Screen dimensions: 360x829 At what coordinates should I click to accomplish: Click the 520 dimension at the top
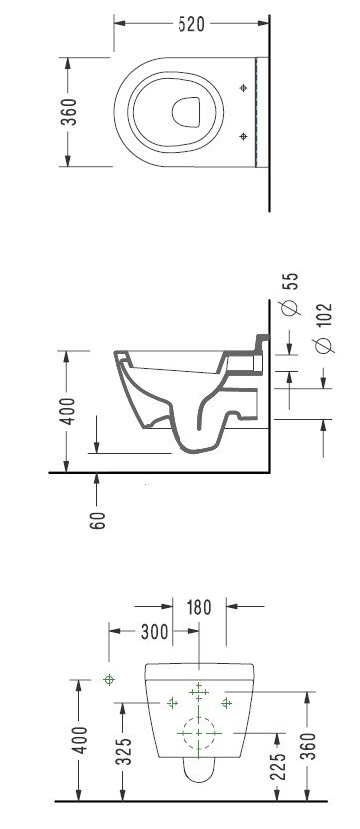point(191,24)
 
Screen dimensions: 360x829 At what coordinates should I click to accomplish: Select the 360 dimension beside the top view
point(69,112)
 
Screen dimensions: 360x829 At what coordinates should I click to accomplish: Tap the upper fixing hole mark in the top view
point(243,88)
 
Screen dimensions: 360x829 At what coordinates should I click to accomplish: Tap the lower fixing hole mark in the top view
point(243,136)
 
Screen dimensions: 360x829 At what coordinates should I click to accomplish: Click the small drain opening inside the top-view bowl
point(186,112)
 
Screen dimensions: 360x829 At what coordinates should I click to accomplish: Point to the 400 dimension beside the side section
point(68,411)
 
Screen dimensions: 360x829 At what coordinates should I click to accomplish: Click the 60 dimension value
point(98,520)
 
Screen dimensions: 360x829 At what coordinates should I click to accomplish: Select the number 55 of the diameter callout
point(290,281)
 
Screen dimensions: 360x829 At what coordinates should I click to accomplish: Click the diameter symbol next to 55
point(290,307)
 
